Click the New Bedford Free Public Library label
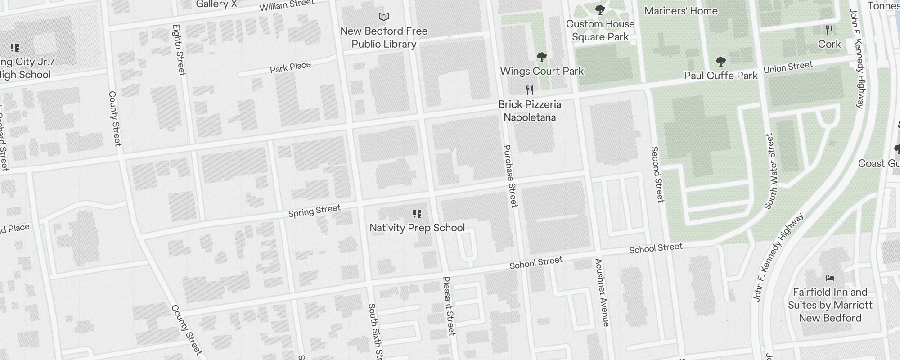384,37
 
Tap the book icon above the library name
384,17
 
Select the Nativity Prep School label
417,228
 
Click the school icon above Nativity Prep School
417,213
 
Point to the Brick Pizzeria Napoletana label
530,111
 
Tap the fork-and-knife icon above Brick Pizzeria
530,90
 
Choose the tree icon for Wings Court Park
542,57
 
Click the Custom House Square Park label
600,30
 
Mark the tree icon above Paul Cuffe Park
720,62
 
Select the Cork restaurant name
829,44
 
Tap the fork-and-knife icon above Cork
829,30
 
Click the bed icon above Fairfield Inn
830,278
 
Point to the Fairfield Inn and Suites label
830,305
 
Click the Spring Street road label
314,211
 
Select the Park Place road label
290,67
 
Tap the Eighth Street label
179,49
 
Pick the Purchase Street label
510,175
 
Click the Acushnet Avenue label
602,292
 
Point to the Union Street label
788,67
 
